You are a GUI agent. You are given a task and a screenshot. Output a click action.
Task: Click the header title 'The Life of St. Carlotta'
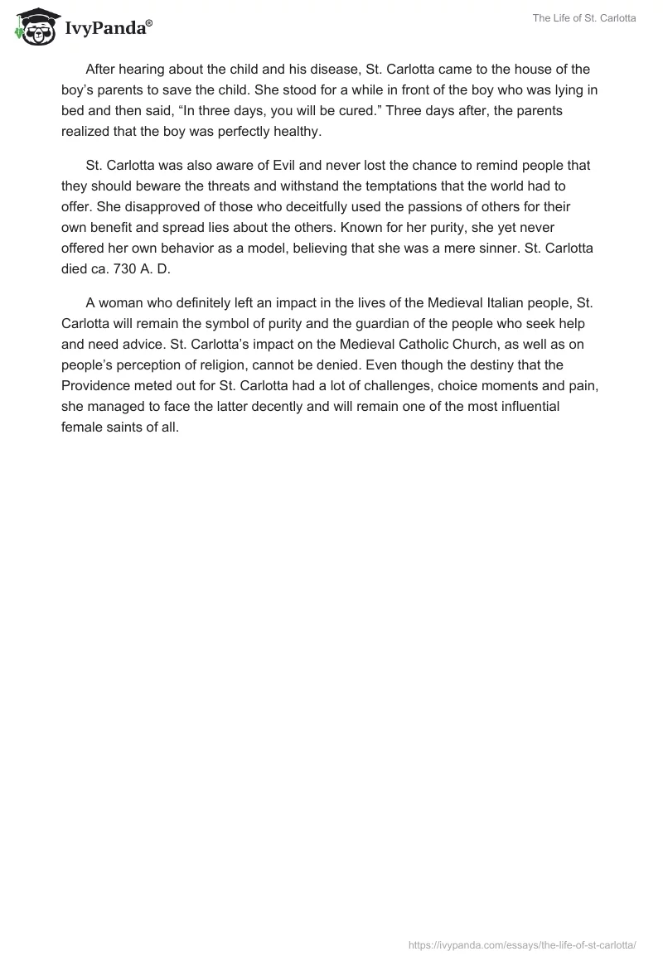583,19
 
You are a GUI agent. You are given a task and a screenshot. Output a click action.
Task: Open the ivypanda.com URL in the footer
522,944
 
